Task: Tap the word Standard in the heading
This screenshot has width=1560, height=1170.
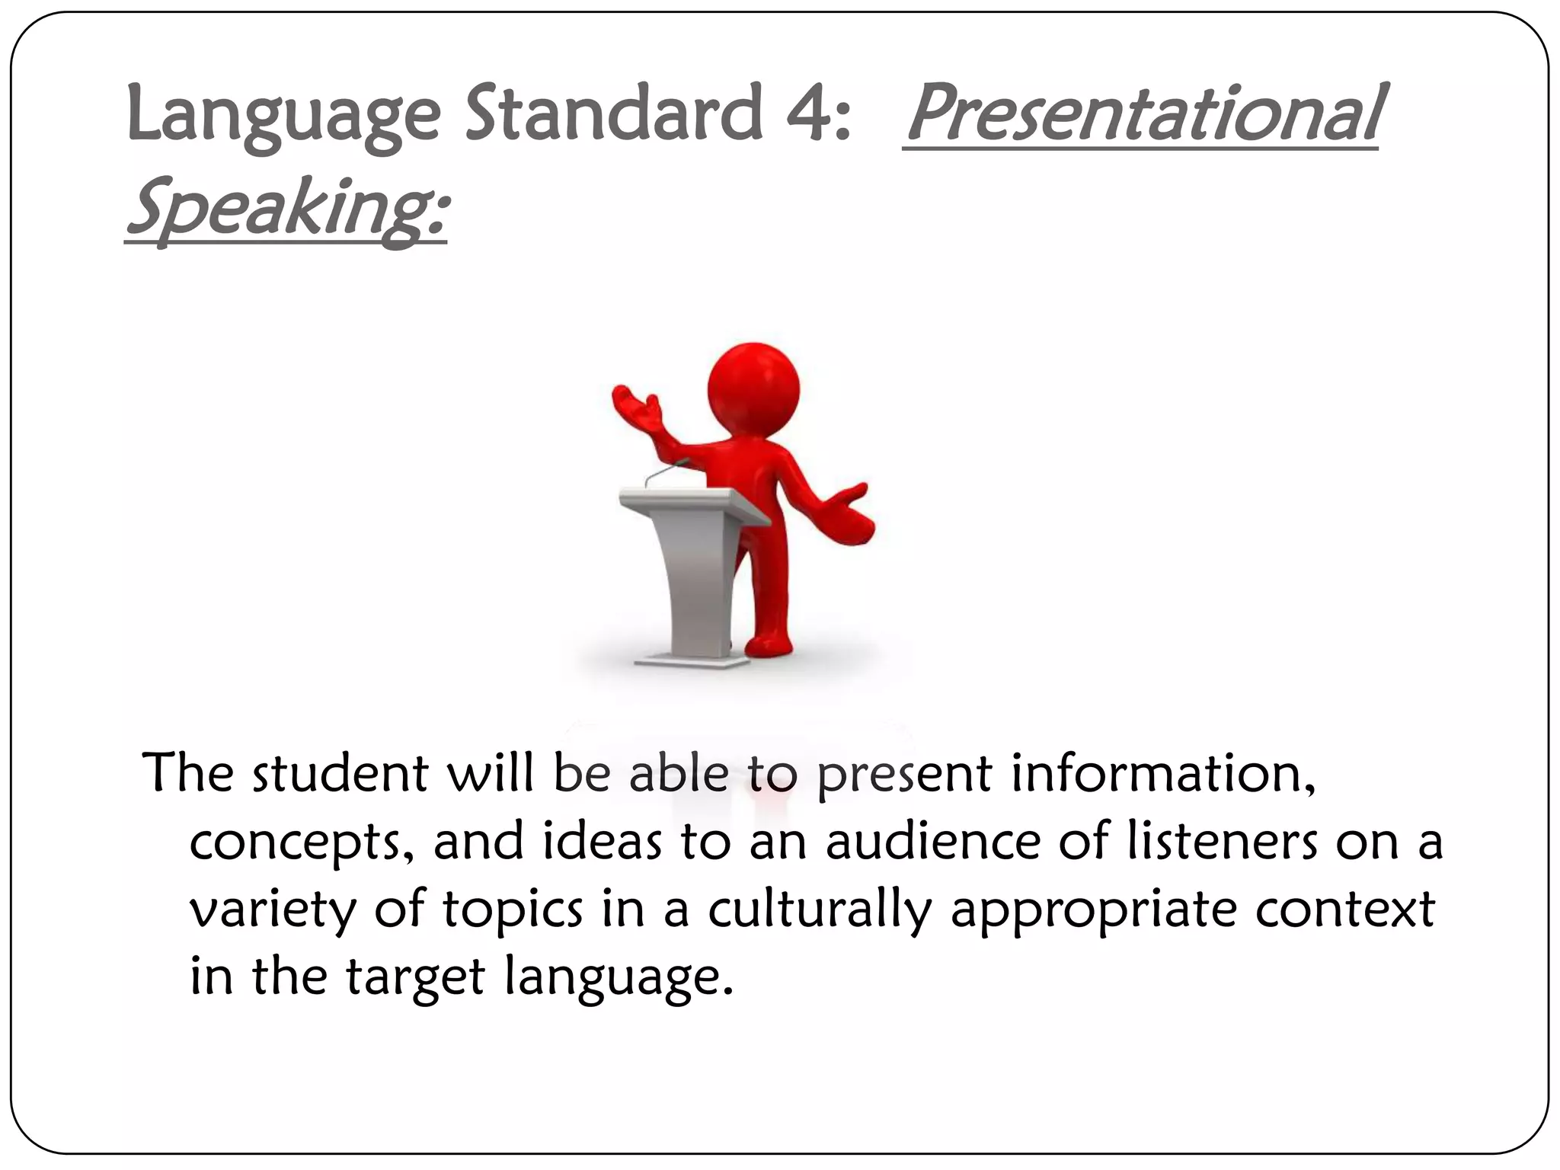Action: [614, 114]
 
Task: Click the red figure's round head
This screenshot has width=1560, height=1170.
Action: [753, 388]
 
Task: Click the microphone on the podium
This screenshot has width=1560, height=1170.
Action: [667, 473]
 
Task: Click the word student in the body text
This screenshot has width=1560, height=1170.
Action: [340, 774]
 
